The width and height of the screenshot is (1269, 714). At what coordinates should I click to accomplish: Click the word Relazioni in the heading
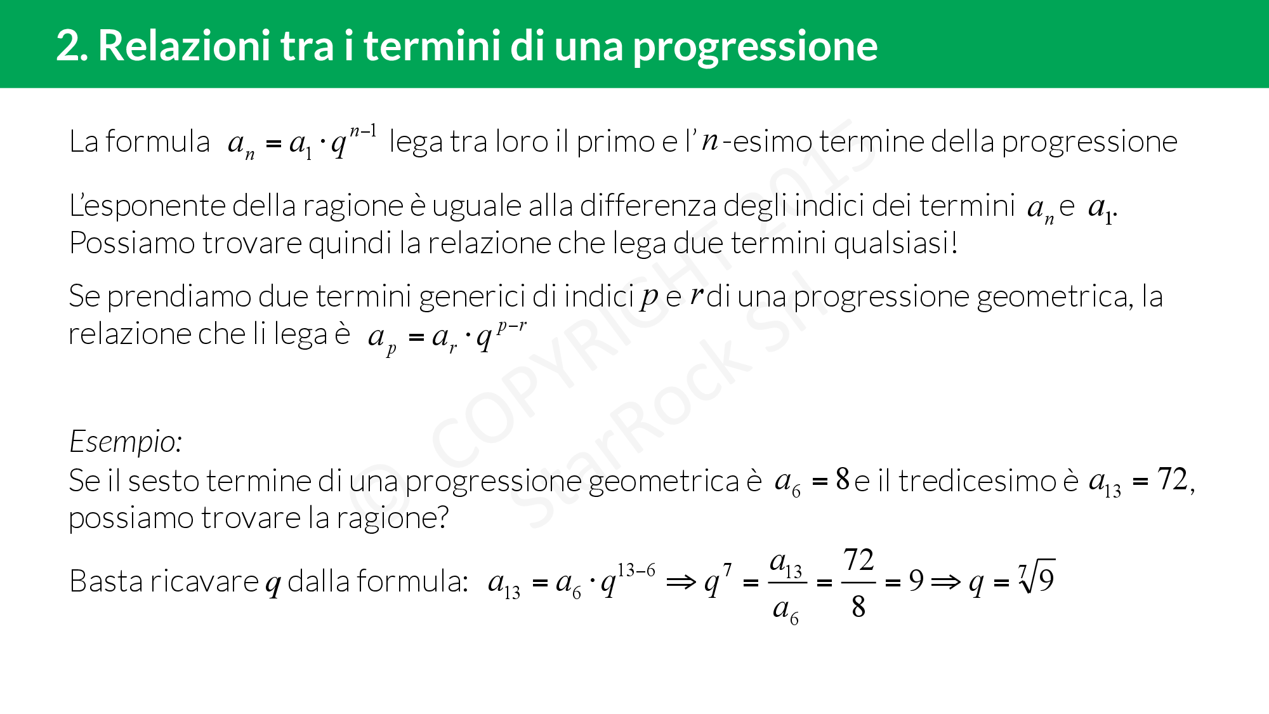(184, 46)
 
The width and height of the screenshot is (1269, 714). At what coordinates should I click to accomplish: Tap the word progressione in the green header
(755, 47)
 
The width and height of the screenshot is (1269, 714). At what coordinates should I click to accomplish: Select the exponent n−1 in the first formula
(363, 131)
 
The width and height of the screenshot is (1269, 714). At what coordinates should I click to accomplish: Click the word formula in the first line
(157, 141)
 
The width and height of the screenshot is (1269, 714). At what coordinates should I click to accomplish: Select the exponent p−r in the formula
(511, 326)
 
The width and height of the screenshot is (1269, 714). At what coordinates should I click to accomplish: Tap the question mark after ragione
(442, 518)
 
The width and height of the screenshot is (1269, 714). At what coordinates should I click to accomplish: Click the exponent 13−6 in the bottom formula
(636, 570)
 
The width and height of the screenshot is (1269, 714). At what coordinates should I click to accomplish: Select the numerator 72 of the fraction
(858, 560)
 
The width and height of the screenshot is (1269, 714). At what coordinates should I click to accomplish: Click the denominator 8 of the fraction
(858, 607)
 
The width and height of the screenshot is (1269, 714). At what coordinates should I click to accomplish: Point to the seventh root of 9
(1037, 578)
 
